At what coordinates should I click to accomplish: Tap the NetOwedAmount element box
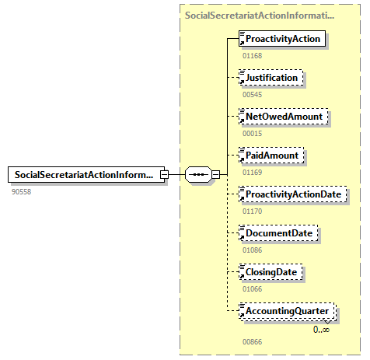click(x=284, y=117)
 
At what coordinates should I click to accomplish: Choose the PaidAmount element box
click(x=272, y=156)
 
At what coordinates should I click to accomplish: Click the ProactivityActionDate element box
click(x=294, y=194)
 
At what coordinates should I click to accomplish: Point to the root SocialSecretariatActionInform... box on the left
click(x=86, y=175)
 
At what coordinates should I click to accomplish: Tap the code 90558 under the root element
click(x=22, y=190)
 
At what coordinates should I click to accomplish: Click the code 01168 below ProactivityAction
click(x=252, y=55)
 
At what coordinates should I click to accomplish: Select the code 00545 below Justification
click(x=252, y=94)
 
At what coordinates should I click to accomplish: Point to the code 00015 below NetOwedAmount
click(x=252, y=133)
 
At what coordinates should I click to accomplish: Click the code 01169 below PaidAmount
click(x=252, y=172)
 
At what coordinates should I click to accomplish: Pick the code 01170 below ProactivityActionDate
click(x=252, y=210)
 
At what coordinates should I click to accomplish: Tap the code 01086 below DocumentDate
click(x=252, y=249)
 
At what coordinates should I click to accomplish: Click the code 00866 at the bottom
click(x=252, y=341)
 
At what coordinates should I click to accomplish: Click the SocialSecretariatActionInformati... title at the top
click(x=260, y=15)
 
